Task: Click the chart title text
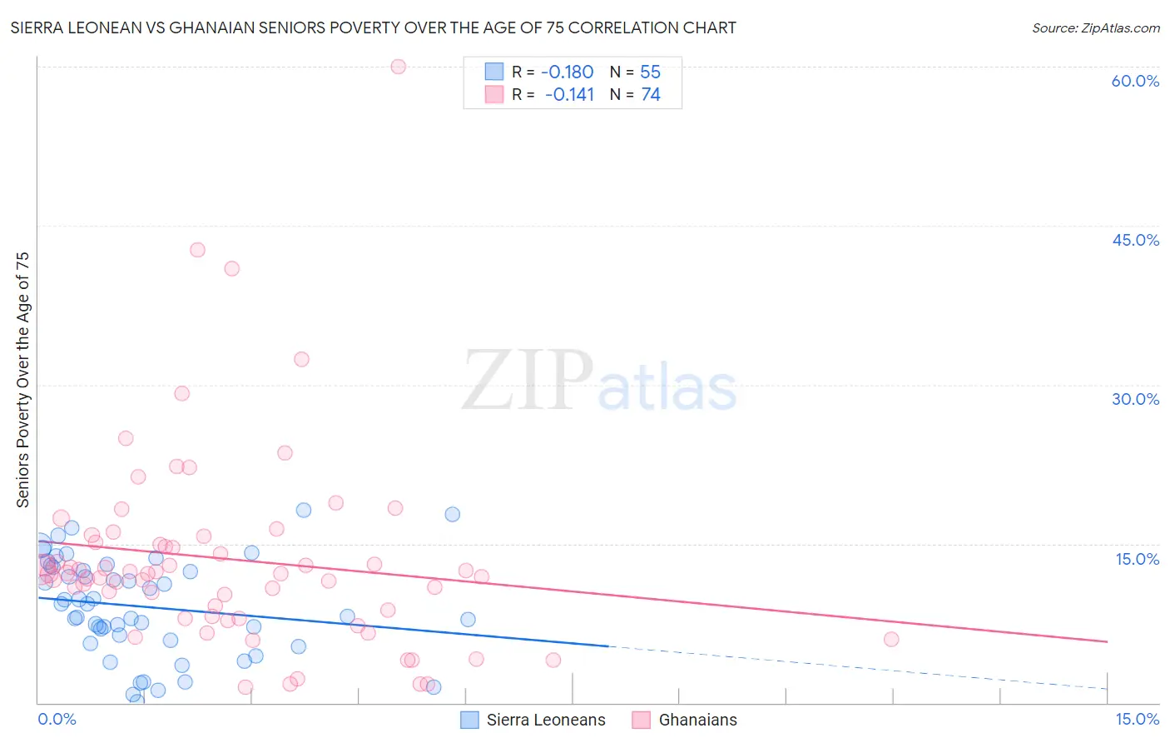pyautogui.click(x=373, y=27)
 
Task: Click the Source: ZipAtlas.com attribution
pyautogui.click(x=1095, y=27)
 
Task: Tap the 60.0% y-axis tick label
pyautogui.click(x=1135, y=81)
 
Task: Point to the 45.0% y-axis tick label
pyautogui.click(x=1135, y=240)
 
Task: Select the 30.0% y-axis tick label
pyautogui.click(x=1135, y=399)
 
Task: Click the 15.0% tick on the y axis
pyautogui.click(x=1137, y=559)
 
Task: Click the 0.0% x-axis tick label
pyautogui.click(x=57, y=719)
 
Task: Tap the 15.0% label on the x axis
pyautogui.click(x=1137, y=719)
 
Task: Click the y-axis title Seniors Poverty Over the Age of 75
pyautogui.click(x=23, y=379)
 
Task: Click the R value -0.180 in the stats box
pyautogui.click(x=567, y=72)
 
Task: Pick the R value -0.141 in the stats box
pyautogui.click(x=569, y=95)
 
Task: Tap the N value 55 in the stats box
pyautogui.click(x=650, y=72)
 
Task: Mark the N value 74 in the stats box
pyautogui.click(x=650, y=95)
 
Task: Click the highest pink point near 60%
pyautogui.click(x=399, y=67)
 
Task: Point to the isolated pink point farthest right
pyautogui.click(x=891, y=639)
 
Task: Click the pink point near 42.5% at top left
pyautogui.click(x=197, y=250)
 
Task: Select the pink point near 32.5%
pyautogui.click(x=301, y=359)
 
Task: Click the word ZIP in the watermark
pyautogui.click(x=527, y=381)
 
